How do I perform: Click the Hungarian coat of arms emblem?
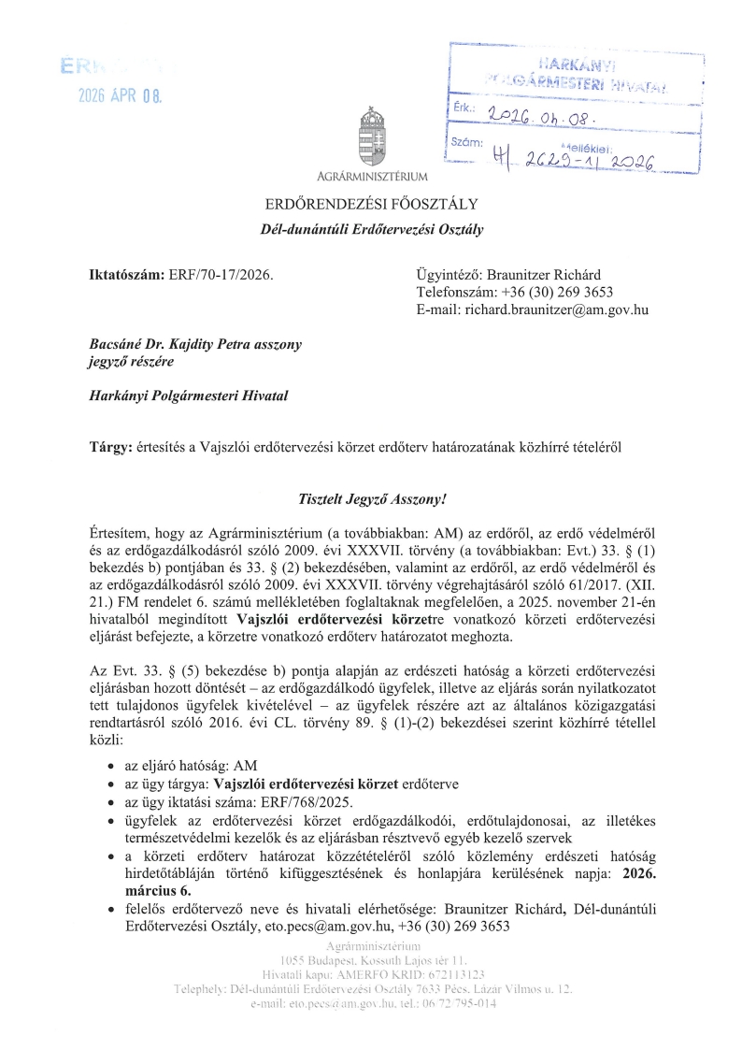tap(371, 137)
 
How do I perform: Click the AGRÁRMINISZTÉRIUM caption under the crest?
tap(372, 176)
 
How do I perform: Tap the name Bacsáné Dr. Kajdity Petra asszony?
tap(194, 344)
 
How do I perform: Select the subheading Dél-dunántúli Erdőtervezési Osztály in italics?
tap(371, 228)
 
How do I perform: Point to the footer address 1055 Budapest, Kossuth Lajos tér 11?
tap(371, 960)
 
